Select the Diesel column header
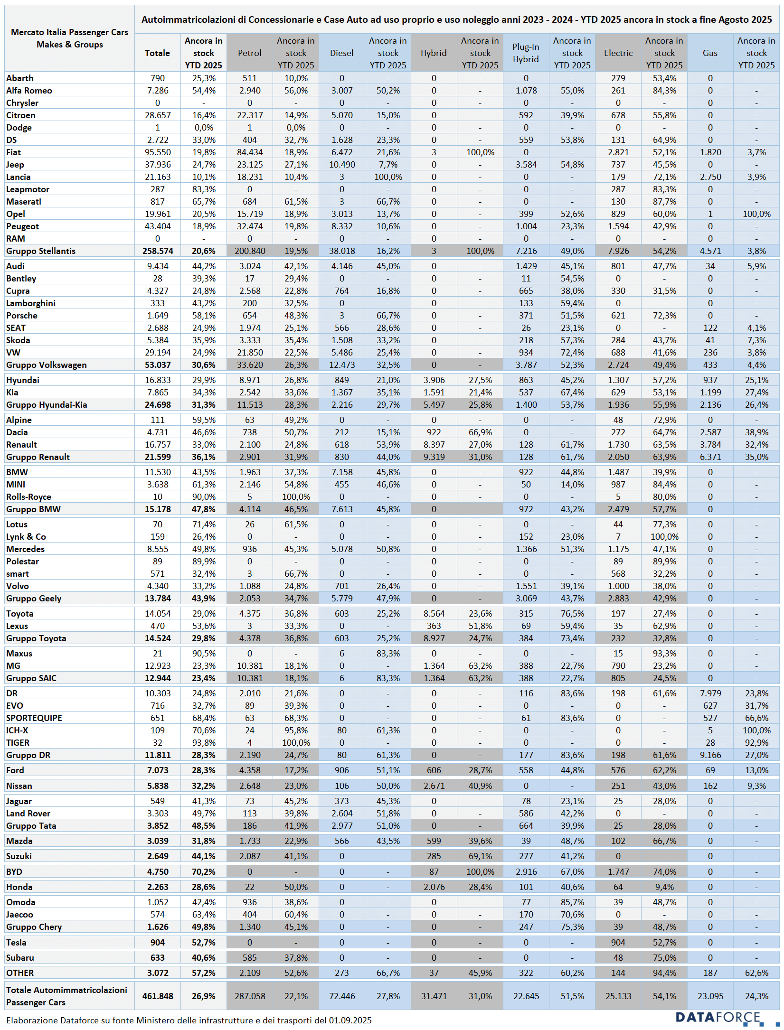[x=341, y=53]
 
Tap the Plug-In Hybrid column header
[x=526, y=53]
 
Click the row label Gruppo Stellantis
[x=41, y=251]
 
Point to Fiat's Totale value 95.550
[x=157, y=152]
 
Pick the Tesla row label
[x=16, y=942]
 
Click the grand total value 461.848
[x=157, y=996]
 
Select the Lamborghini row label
[x=31, y=303]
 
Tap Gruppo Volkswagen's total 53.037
[x=157, y=365]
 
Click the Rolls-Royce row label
[x=28, y=497]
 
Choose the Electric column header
[x=618, y=53]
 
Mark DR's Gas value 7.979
[x=710, y=693]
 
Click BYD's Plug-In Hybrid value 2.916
[x=526, y=872]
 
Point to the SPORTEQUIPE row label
[x=34, y=718]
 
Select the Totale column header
[x=157, y=53]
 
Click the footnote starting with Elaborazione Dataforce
[x=189, y=1020]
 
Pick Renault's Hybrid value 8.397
[x=434, y=445]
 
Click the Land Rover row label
[x=28, y=814]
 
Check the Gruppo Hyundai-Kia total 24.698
[x=157, y=405]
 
